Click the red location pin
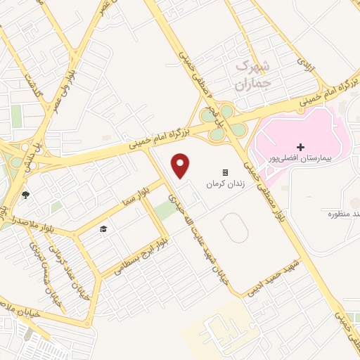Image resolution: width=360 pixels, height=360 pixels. point(181,166)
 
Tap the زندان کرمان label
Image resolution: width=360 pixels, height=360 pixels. point(224,184)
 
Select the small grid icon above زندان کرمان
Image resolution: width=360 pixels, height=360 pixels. point(225,172)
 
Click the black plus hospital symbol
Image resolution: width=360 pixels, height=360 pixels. point(301,147)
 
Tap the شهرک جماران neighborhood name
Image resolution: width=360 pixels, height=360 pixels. point(251,77)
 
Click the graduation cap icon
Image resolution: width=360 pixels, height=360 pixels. point(103,230)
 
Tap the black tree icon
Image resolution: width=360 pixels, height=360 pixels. point(26,195)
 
